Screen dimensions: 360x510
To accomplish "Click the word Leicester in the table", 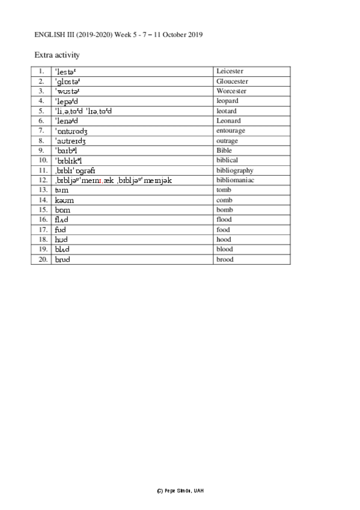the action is point(229,72).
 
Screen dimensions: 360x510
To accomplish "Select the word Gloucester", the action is point(232,81).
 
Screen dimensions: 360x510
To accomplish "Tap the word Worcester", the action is point(231,91).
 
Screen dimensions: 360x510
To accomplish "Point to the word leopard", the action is point(227,101).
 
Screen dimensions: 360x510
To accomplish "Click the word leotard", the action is point(226,111).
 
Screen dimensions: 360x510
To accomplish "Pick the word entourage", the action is point(228,121).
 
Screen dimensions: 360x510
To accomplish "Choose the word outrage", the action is point(231,131).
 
